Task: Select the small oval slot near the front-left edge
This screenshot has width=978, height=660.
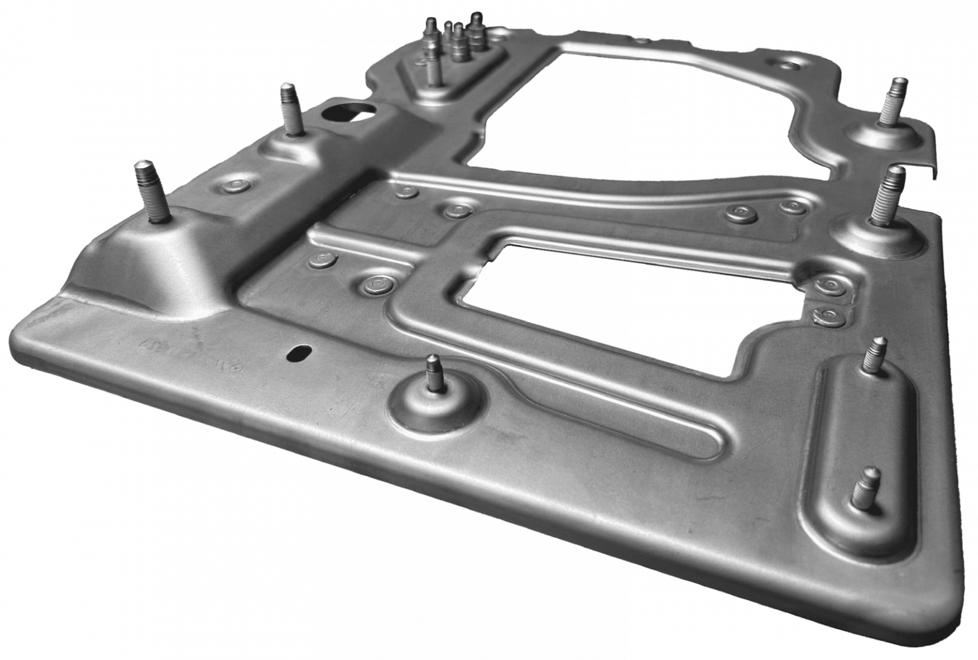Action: click(300, 352)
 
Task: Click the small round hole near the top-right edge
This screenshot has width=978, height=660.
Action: click(789, 64)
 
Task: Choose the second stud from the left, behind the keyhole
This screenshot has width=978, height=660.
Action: click(290, 108)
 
